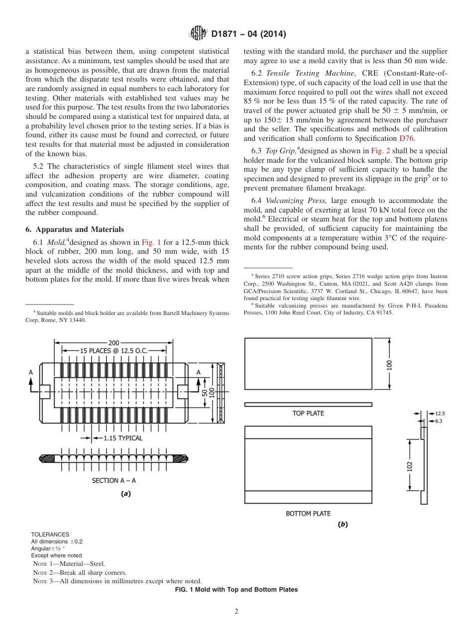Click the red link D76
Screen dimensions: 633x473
(x=406, y=138)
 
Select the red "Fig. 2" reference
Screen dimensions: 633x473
(x=380, y=151)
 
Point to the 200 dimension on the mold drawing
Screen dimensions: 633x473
(x=114, y=342)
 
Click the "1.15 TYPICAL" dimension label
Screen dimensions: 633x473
(x=123, y=438)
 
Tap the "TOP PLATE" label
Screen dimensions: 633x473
(x=308, y=414)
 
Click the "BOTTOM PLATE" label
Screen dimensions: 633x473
(x=308, y=514)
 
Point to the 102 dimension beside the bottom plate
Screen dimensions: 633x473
(x=409, y=466)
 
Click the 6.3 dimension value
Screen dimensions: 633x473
(x=439, y=421)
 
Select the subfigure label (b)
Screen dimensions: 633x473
(x=343, y=524)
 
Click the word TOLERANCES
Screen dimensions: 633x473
(x=50, y=534)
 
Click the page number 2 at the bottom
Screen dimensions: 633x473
(x=236, y=612)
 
